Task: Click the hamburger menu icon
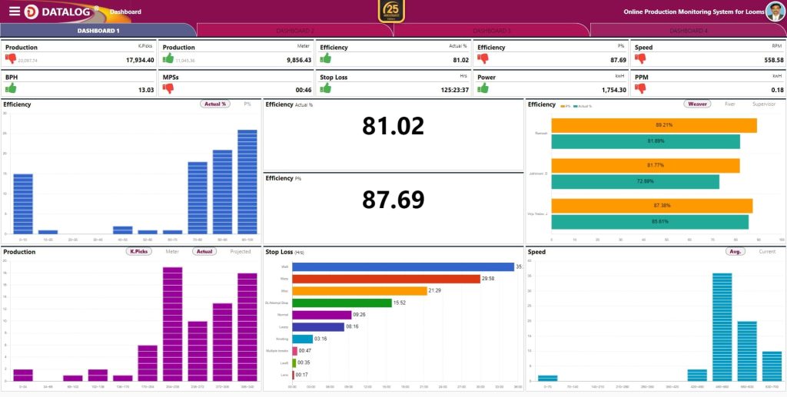point(15,11)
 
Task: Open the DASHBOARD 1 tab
point(98,31)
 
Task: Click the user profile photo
point(775,12)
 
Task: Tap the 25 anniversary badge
point(392,12)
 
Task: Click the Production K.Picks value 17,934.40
point(135,60)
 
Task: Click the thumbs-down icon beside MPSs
point(168,88)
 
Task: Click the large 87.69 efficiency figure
point(393,200)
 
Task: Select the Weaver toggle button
point(697,104)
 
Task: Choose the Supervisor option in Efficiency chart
point(764,104)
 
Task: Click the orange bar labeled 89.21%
point(654,125)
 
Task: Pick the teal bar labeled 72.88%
point(636,181)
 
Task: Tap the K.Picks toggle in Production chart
point(139,251)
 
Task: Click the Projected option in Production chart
point(241,251)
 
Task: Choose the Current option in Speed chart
point(767,251)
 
